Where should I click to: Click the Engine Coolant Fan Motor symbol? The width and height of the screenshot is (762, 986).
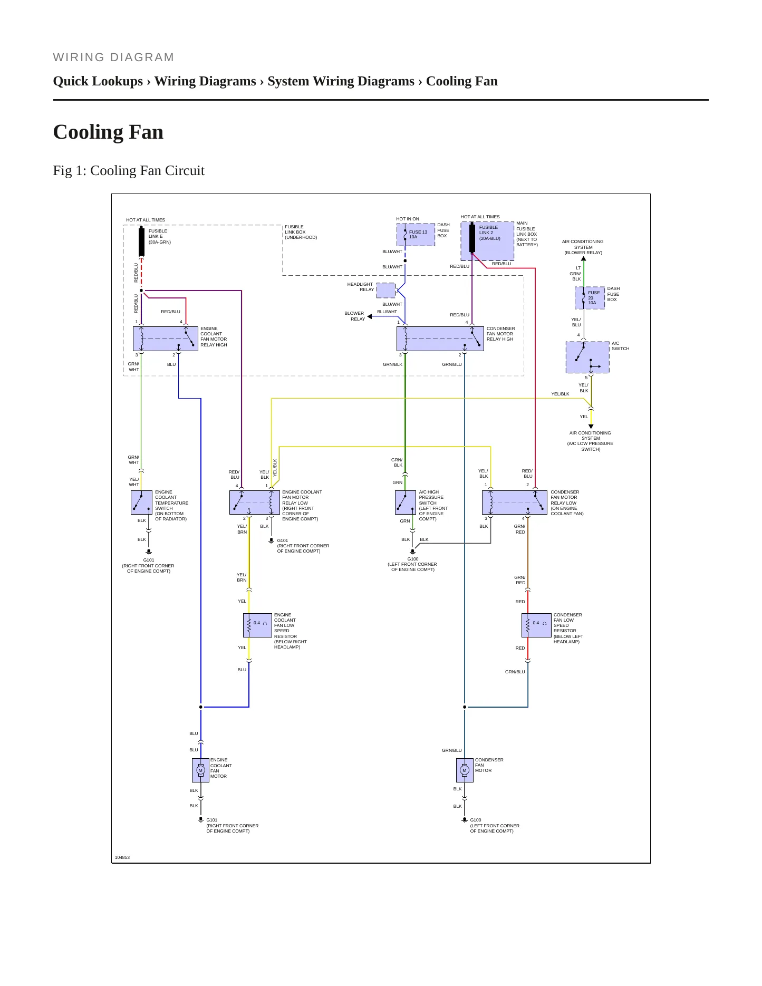[200, 770]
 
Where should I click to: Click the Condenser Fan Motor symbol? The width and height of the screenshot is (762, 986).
[465, 770]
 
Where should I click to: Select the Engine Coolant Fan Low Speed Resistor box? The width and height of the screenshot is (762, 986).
[257, 625]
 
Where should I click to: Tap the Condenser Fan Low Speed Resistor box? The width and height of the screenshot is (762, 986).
[536, 625]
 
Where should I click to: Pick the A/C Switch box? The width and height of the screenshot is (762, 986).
[587, 357]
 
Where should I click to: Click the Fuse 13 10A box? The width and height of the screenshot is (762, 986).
[416, 235]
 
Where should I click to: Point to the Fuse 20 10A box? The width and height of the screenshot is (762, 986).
[590, 298]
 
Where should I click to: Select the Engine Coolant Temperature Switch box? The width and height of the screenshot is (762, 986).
[141, 502]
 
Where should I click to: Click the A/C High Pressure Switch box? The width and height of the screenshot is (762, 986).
[406, 502]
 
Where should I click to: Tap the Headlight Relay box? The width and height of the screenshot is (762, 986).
[385, 291]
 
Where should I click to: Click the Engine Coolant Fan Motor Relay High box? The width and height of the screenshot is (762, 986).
[166, 339]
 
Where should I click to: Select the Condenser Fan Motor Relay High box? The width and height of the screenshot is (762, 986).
[440, 339]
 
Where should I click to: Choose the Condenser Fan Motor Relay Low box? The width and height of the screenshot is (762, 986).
[515, 502]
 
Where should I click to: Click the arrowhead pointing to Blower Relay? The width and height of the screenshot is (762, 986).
[370, 317]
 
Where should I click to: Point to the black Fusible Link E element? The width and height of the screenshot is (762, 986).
[141, 241]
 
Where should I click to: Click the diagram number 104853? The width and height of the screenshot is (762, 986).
[122, 857]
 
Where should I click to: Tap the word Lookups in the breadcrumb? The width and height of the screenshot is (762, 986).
[119, 81]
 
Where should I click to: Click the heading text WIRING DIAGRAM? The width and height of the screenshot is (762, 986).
[113, 57]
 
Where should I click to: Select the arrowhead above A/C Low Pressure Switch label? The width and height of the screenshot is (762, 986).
[591, 427]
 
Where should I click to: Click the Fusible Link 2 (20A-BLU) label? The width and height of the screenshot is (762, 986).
[490, 233]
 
